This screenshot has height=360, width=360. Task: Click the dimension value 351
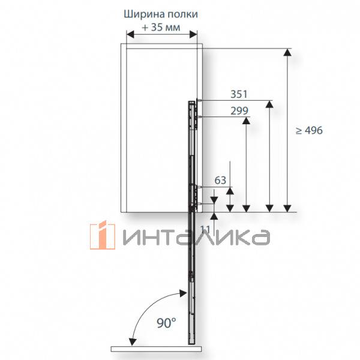[x=239, y=94]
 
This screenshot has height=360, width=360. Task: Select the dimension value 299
[x=239, y=110]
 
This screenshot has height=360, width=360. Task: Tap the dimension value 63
[x=220, y=180]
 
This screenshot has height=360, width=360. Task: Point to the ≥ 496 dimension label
[x=309, y=130]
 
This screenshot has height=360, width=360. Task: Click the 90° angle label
[x=166, y=323]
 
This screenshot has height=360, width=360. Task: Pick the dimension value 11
[x=205, y=230]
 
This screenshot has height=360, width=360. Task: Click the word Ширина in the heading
[x=145, y=14]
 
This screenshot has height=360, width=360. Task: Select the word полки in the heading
[x=183, y=14]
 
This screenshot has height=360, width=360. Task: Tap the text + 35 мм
[x=161, y=28]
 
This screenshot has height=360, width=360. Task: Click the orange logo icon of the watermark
[x=103, y=235]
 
